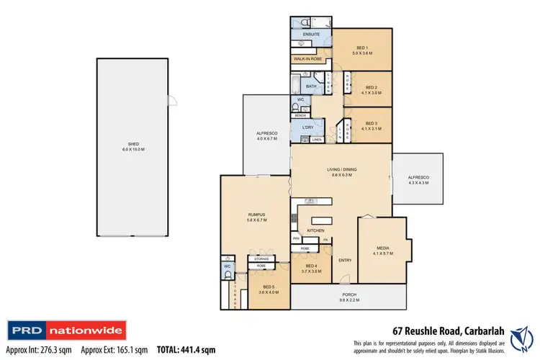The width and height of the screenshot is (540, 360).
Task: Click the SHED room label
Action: coord(136,145)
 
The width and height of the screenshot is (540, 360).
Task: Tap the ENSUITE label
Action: coord(311,34)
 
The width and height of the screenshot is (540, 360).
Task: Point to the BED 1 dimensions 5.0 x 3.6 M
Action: coord(363,52)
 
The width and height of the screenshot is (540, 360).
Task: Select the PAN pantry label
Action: coord(295,238)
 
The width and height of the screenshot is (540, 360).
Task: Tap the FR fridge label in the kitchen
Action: coord(325,239)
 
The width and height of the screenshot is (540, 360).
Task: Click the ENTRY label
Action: coord(345,260)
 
